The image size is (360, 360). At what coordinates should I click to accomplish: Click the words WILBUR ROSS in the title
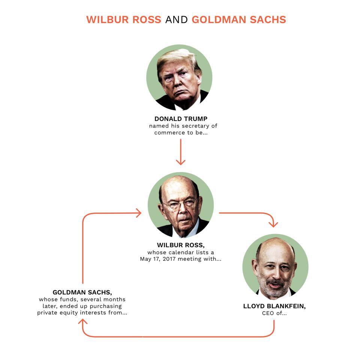124,19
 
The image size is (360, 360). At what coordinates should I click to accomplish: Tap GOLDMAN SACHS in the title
239,19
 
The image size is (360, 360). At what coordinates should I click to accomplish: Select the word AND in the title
177,19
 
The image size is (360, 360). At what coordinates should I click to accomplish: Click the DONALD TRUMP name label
181,119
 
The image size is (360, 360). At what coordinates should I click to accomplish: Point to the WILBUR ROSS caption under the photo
181,245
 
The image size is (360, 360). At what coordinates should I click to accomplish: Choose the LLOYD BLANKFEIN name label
274,306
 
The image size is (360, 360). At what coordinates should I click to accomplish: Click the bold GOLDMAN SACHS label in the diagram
82,292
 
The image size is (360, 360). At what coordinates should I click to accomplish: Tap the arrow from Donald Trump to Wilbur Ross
181,152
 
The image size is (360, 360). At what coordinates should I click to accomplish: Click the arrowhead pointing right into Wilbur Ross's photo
139,213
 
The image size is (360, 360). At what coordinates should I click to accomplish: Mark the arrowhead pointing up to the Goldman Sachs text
82,322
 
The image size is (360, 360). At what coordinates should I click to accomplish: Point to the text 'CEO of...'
274,313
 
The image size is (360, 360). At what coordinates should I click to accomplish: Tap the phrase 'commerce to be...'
181,133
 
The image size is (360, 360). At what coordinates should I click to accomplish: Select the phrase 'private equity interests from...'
82,313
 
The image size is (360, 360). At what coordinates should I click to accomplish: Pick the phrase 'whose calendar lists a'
181,252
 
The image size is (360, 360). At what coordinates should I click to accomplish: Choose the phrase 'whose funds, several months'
82,299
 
